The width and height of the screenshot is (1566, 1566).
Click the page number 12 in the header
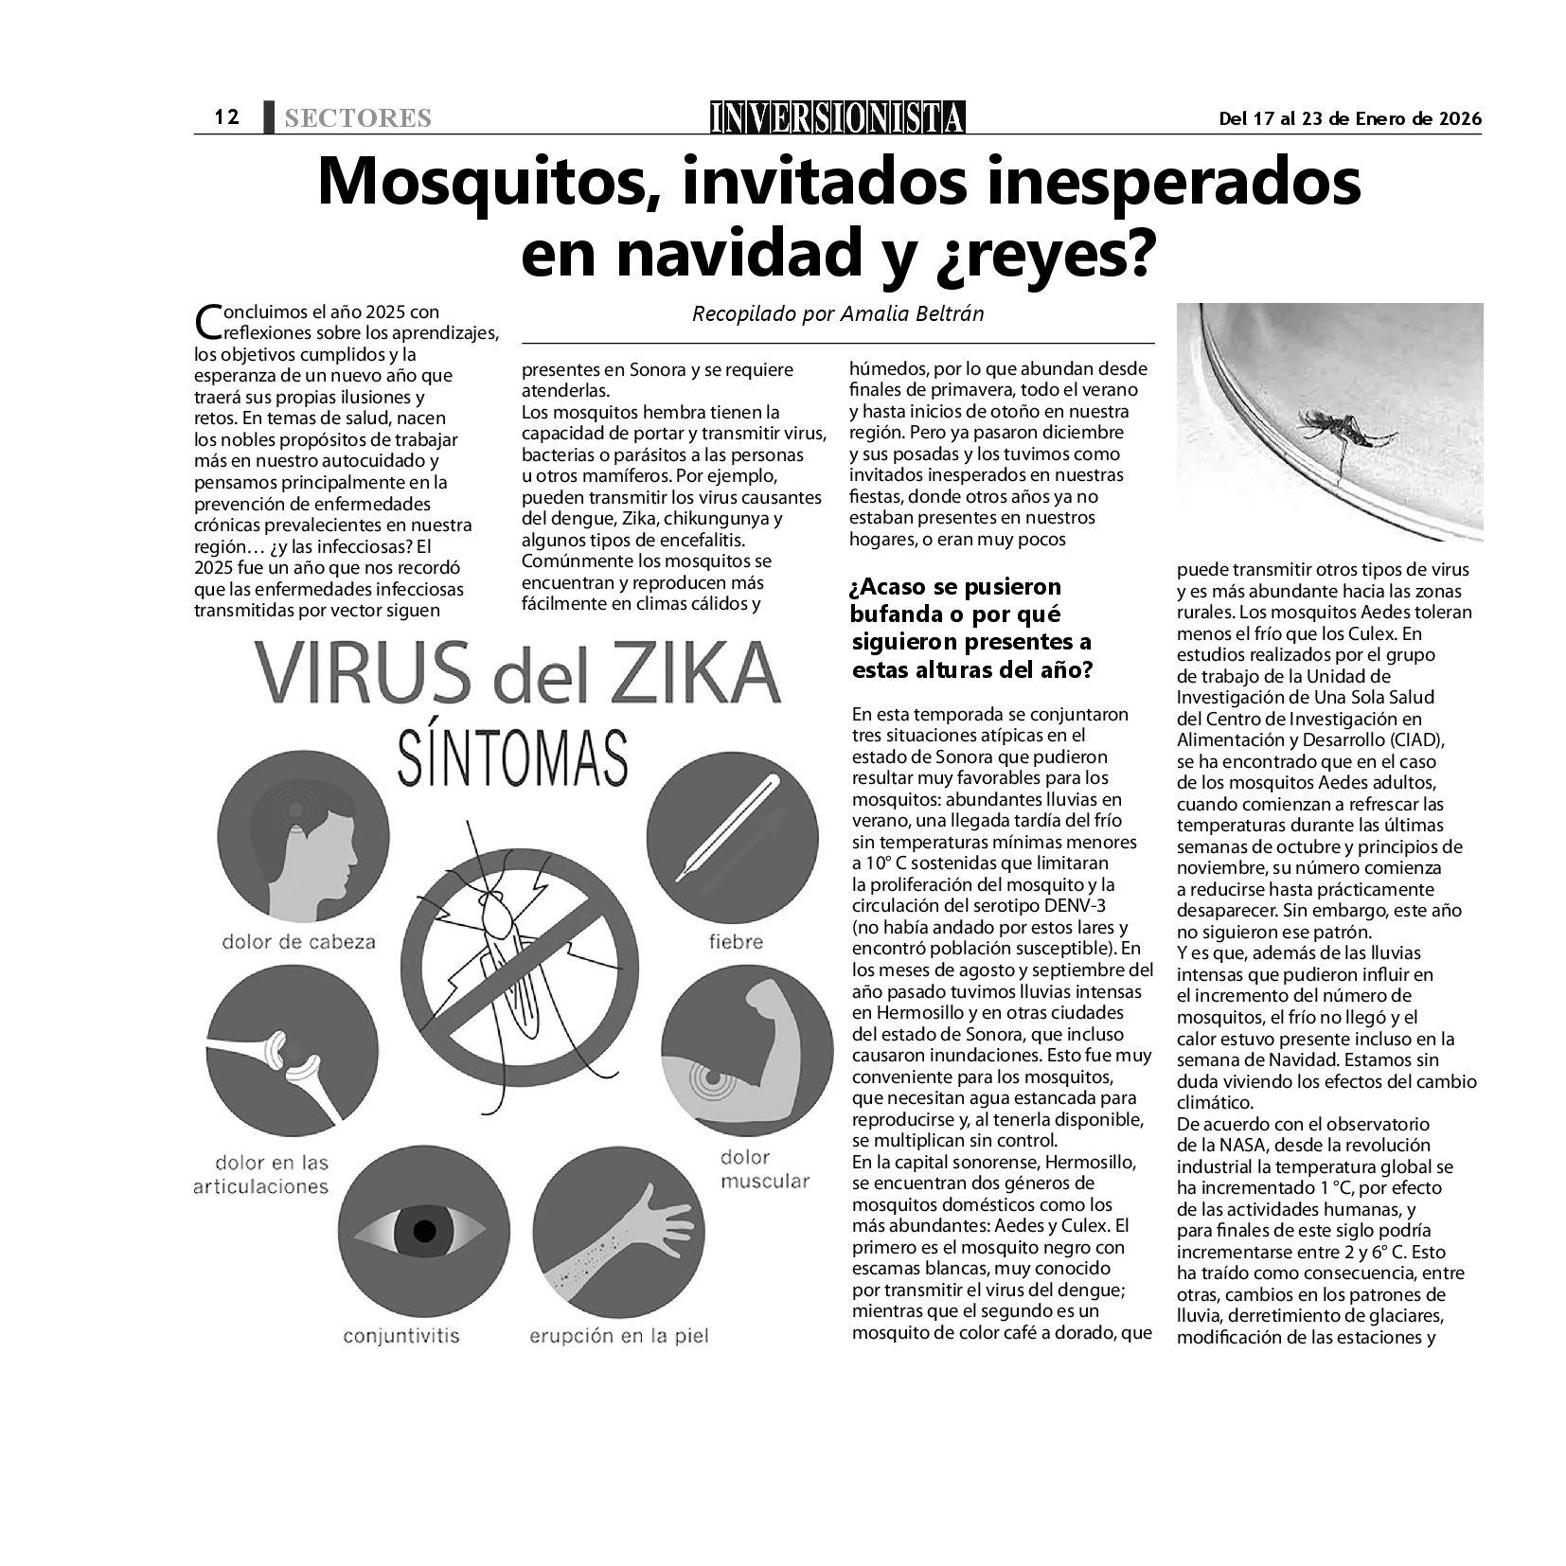tap(225, 117)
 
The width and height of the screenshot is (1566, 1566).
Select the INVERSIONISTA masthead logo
tap(838, 117)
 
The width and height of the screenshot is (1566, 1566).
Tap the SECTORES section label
tap(358, 118)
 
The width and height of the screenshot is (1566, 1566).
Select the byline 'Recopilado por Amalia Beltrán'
tap(838, 313)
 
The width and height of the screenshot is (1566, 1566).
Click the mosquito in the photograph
tap(1344, 433)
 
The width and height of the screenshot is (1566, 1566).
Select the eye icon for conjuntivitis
tap(423, 1231)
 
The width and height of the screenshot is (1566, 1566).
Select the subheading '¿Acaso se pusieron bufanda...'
tap(970, 629)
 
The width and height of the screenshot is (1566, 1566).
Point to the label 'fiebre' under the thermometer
tap(736, 941)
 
